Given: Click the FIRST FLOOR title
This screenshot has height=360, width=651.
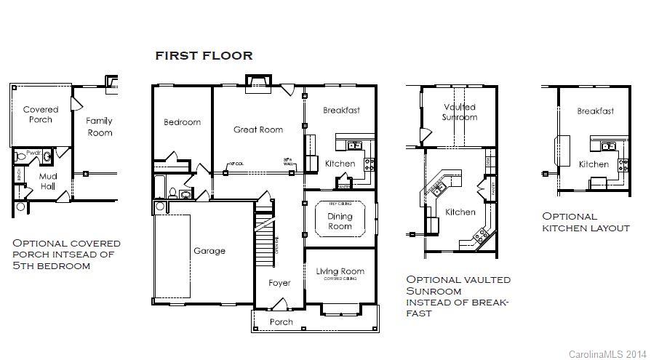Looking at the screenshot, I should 204,55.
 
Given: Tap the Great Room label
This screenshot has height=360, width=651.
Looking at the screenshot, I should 258,129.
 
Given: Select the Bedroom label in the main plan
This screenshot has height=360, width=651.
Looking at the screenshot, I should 182,122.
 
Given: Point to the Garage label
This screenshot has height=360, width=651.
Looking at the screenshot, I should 209,251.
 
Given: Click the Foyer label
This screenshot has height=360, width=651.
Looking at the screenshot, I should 279,283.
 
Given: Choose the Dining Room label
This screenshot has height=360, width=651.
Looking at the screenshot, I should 340,221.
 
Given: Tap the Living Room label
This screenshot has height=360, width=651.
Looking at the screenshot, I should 339,271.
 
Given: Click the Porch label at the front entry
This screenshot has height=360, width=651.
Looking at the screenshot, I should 281,321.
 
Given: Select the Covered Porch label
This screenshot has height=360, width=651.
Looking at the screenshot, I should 41,115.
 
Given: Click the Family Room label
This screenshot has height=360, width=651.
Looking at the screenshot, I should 100,127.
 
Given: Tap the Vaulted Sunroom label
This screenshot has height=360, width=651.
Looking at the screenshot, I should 460,112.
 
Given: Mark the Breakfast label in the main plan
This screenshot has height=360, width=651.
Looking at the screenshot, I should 341,111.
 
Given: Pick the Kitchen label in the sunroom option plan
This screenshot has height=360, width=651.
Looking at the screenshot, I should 460,212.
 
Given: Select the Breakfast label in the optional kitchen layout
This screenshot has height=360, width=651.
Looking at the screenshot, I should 595,111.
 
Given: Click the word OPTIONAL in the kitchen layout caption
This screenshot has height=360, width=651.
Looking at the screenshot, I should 570,216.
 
